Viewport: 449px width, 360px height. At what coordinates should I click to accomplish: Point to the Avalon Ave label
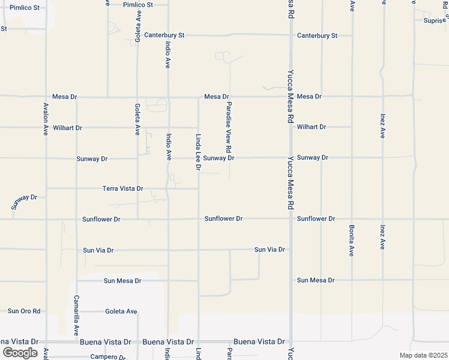click(x=45, y=119)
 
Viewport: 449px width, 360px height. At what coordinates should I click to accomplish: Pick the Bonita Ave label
click(x=351, y=240)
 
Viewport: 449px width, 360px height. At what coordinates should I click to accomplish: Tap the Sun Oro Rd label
click(x=24, y=311)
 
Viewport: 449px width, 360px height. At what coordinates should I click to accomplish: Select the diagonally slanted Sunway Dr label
click(x=24, y=202)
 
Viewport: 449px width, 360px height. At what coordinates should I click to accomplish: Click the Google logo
click(x=20, y=352)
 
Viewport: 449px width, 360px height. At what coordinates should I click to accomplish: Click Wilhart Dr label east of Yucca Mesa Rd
click(x=311, y=127)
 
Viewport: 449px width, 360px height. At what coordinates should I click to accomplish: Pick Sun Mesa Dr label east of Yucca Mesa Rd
click(x=315, y=280)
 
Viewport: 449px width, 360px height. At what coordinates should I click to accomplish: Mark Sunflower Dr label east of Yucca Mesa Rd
click(x=316, y=219)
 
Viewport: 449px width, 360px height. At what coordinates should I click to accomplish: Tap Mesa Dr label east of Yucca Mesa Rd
click(x=309, y=97)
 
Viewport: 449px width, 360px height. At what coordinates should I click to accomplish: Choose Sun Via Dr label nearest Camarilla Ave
click(x=98, y=250)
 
